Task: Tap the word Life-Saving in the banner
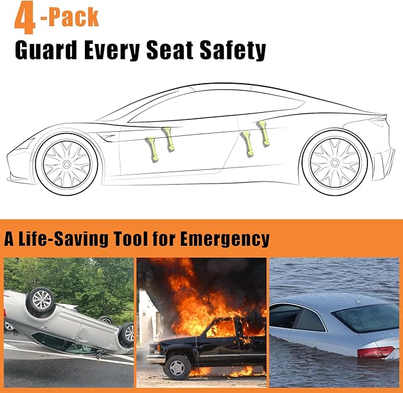(x=61, y=239)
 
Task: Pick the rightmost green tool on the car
(x=262, y=133)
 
